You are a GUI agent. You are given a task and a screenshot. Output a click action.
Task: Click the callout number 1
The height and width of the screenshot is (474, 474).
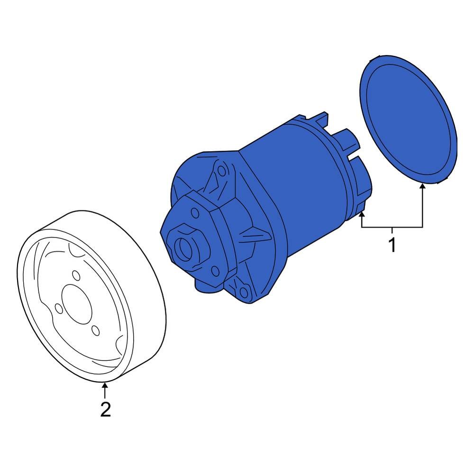(x=392, y=245)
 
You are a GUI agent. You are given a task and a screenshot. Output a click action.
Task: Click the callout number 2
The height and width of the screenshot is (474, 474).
(x=105, y=409)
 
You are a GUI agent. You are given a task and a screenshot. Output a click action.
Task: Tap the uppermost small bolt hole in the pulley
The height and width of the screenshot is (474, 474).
(x=76, y=275)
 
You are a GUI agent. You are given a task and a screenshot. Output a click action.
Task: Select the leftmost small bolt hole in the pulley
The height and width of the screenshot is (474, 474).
(x=59, y=309)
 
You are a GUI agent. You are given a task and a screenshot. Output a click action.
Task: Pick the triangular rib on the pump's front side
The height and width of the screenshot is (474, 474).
(x=251, y=235)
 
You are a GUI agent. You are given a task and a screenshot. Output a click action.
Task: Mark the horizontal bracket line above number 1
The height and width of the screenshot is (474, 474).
(x=392, y=228)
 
